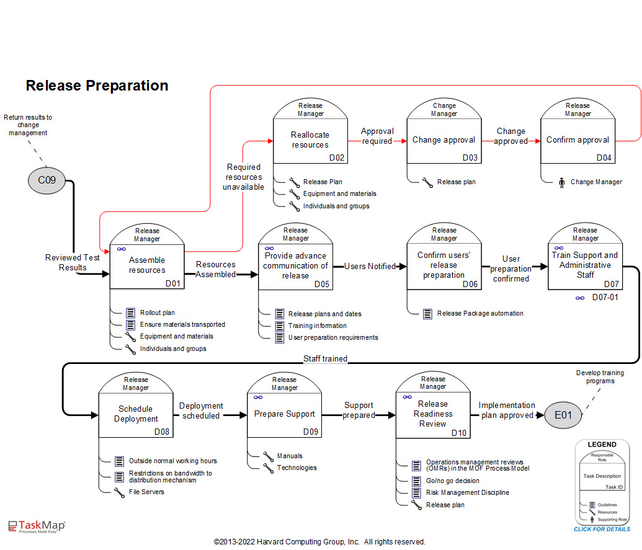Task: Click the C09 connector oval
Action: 47,180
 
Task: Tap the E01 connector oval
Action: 563,415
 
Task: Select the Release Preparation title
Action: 97,86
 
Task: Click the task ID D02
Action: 336,157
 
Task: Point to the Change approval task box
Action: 444,140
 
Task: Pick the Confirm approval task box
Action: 577,140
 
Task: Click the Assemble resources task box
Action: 147,265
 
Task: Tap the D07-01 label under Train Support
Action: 605,298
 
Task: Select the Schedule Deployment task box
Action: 136,414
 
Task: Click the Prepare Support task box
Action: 285,414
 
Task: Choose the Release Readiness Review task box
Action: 433,414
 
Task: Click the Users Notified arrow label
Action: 370,266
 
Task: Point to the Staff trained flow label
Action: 325,358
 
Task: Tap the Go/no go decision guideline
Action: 452,481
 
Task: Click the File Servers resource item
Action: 146,492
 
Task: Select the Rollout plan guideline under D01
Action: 157,313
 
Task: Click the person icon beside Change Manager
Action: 562,182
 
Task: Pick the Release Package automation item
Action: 479,313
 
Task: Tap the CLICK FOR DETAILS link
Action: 602,529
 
